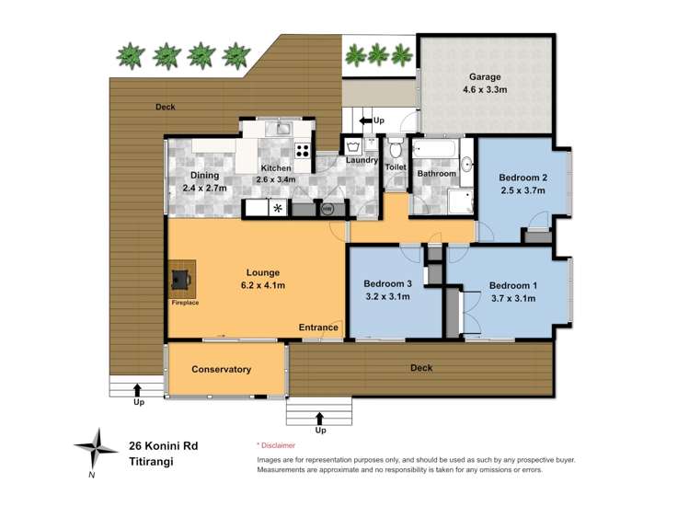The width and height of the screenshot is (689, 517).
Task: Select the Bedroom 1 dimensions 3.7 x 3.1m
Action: click(x=512, y=298)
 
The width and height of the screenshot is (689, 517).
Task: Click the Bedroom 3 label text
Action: click(x=386, y=283)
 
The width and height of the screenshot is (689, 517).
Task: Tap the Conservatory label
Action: click(x=221, y=369)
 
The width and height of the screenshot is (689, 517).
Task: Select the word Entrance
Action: click(x=318, y=327)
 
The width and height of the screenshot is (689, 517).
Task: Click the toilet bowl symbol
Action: click(x=396, y=150)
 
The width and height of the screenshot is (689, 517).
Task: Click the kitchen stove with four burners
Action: click(x=302, y=150)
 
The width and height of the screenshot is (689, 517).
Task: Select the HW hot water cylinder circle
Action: click(x=327, y=209)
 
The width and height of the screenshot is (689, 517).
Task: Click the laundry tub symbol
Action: click(x=352, y=145)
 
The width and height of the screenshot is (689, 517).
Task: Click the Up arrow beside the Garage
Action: click(x=365, y=120)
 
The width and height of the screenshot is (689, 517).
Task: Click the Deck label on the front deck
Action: click(x=420, y=368)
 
